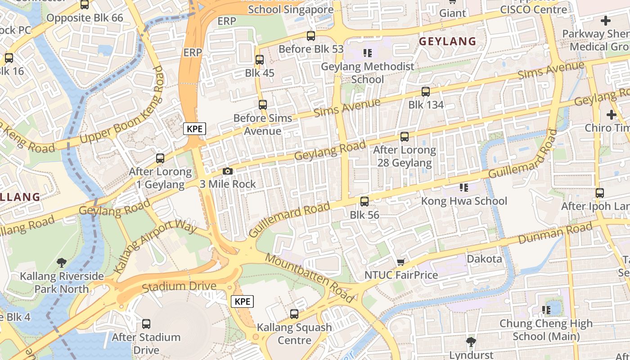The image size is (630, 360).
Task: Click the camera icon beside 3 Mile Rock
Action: pyautogui.click(x=228, y=171)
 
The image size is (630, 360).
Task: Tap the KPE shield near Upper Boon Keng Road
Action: pyautogui.click(x=194, y=129)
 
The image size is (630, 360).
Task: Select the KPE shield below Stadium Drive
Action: pyautogui.click(x=242, y=301)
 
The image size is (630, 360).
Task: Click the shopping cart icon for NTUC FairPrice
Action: pyautogui.click(x=400, y=262)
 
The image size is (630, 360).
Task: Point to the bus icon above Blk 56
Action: pyautogui.click(x=364, y=202)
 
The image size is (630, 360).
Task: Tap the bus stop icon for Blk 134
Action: pyautogui.click(x=425, y=92)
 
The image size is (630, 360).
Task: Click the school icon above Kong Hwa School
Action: pyautogui.click(x=463, y=187)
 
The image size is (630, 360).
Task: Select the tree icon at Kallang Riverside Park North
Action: pyautogui.click(x=62, y=263)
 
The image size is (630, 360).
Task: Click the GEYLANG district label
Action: pyautogui.click(x=447, y=41)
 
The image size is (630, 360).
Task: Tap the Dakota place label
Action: pyautogui.click(x=484, y=259)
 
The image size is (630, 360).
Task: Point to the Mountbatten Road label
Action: pyautogui.click(x=310, y=278)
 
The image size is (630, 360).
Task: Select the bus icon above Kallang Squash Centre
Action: pyautogui.click(x=294, y=314)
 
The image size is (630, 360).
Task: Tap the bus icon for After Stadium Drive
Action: pyautogui.click(x=146, y=324)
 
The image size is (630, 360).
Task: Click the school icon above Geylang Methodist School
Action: pyautogui.click(x=368, y=53)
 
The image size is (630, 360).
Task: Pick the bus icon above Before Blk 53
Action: pyautogui.click(x=310, y=36)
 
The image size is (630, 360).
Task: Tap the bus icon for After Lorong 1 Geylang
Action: pyautogui.click(x=160, y=158)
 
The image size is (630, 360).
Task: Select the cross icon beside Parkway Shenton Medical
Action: pyautogui.click(x=605, y=20)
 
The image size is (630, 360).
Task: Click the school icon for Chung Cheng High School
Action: pyautogui.click(x=546, y=310)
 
